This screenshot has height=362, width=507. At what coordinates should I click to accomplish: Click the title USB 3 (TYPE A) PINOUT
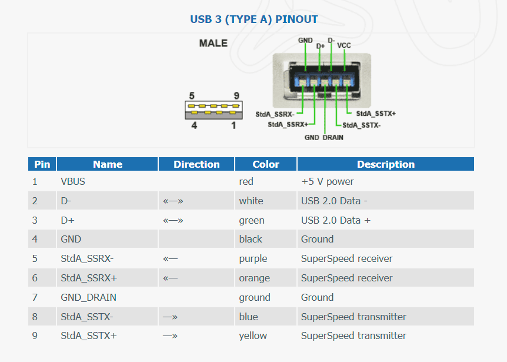coord(253,19)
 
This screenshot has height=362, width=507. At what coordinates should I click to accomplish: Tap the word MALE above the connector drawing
coord(213,43)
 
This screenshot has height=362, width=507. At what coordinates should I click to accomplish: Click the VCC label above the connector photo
coord(344,45)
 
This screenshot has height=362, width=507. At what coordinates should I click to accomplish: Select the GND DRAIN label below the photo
coord(323,137)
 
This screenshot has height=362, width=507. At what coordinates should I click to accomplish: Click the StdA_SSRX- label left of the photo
coord(275,114)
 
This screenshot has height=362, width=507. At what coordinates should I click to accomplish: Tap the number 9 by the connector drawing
coord(236,95)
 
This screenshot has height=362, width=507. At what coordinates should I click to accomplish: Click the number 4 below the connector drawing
coord(194,125)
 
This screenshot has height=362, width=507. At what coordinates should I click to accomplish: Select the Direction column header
coord(196,164)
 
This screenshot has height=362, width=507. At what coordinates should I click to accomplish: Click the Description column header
coord(385,164)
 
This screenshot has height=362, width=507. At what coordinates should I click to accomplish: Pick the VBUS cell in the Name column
coord(73,181)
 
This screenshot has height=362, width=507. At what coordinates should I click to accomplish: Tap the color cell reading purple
coord(253,258)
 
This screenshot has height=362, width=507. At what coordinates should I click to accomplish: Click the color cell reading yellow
coord(253,336)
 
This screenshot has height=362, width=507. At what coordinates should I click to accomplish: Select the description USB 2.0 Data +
coord(336,220)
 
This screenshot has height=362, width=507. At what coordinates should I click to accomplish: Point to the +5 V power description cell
coord(328,181)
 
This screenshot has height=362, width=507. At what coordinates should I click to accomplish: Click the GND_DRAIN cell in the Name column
coord(88,297)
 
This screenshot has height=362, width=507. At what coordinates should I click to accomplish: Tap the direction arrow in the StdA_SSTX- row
coord(170,317)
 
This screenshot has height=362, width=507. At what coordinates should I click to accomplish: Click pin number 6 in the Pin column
coord(35,278)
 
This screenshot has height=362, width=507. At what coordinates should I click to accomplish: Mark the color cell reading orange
coord(254,278)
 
